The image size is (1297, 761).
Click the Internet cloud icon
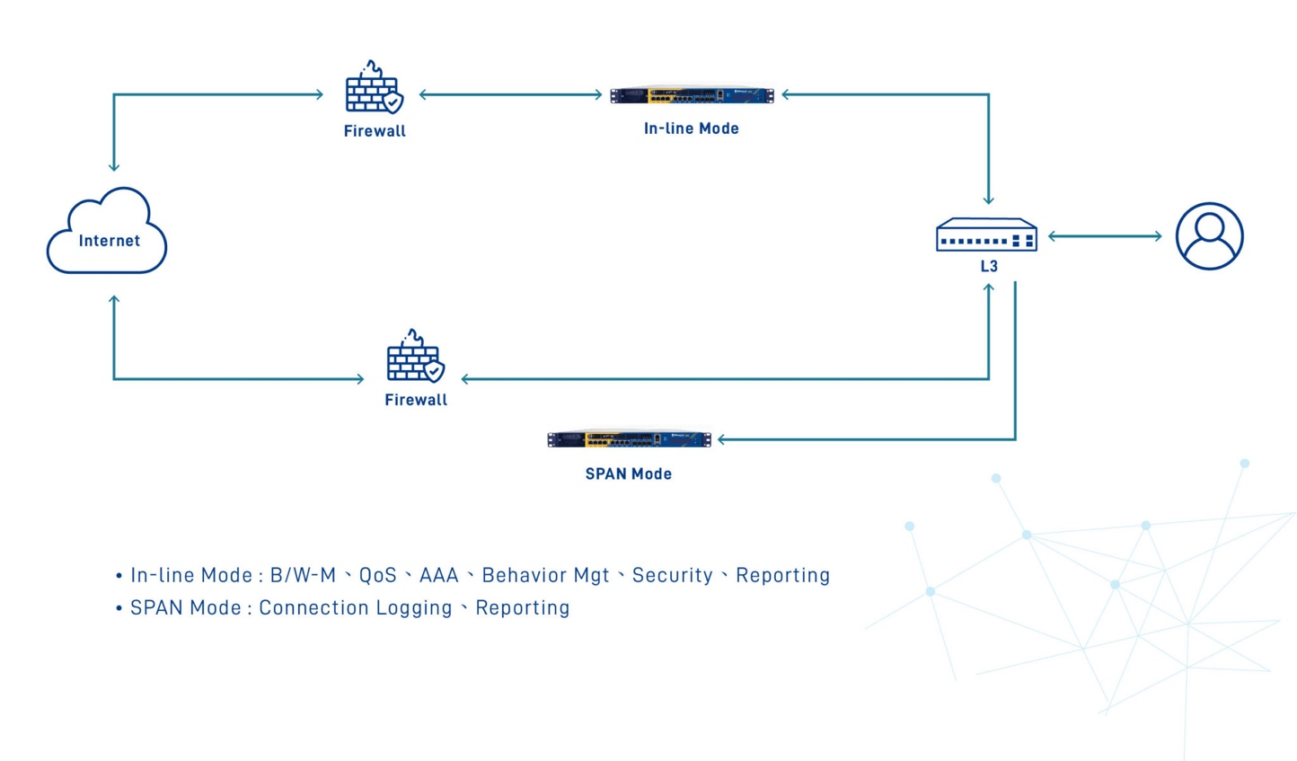tap(107, 231)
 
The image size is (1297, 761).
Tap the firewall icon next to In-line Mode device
tap(374, 88)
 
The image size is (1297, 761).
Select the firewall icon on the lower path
tap(415, 356)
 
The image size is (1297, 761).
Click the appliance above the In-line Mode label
tap(692, 95)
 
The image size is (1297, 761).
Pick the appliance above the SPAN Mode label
tap(629, 439)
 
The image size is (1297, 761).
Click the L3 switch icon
tap(986, 235)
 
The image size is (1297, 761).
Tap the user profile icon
tap(1209, 236)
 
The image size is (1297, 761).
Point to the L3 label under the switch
tap(989, 266)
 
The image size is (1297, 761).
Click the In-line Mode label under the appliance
tap(692, 128)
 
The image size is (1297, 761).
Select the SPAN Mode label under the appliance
tap(629, 473)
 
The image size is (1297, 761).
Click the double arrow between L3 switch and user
tap(1105, 236)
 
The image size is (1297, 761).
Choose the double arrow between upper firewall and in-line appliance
tap(510, 94)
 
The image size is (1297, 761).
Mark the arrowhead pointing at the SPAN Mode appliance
tap(722, 439)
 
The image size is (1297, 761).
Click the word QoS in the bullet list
tap(378, 575)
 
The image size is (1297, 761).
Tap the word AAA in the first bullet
tap(439, 575)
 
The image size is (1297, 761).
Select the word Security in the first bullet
tap(673, 575)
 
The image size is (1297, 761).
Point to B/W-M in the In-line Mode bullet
tap(303, 575)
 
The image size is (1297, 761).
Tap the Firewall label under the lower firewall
tap(416, 400)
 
